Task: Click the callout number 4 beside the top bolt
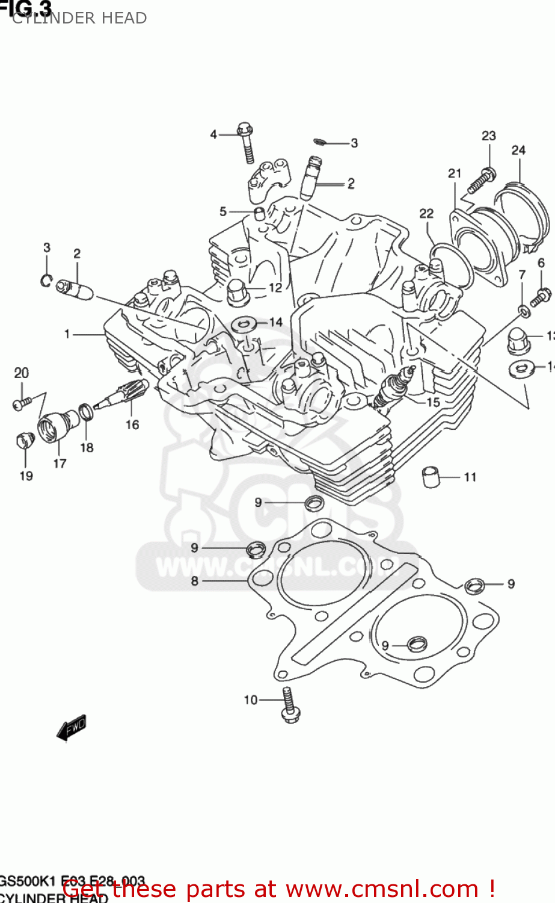[213, 134]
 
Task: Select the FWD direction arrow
[72, 728]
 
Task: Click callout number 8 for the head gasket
[194, 581]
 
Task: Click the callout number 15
[433, 402]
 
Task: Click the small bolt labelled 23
[481, 179]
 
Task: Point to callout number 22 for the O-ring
[426, 213]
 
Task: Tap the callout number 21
[455, 173]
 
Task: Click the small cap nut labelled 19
[23, 441]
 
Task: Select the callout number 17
[60, 463]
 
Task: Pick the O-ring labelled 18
[86, 412]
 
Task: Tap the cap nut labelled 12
[238, 291]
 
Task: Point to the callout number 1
[67, 334]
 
